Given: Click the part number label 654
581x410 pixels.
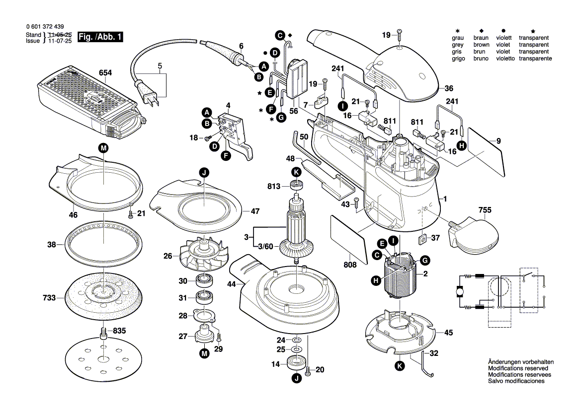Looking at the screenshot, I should coord(105,72).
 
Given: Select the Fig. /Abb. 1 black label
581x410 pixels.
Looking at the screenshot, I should coord(102,37).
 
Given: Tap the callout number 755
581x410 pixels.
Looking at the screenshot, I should coord(485,209).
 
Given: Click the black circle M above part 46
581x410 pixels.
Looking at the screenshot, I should coord(103,147).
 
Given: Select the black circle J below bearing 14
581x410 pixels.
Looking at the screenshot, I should coord(297,379).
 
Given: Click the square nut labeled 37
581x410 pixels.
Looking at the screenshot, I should coord(421,239).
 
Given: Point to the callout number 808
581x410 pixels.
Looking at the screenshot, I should coord(350,265).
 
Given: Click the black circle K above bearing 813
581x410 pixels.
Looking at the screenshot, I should coord(296,172).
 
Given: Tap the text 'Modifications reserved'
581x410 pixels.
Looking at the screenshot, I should coord(517,368).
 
